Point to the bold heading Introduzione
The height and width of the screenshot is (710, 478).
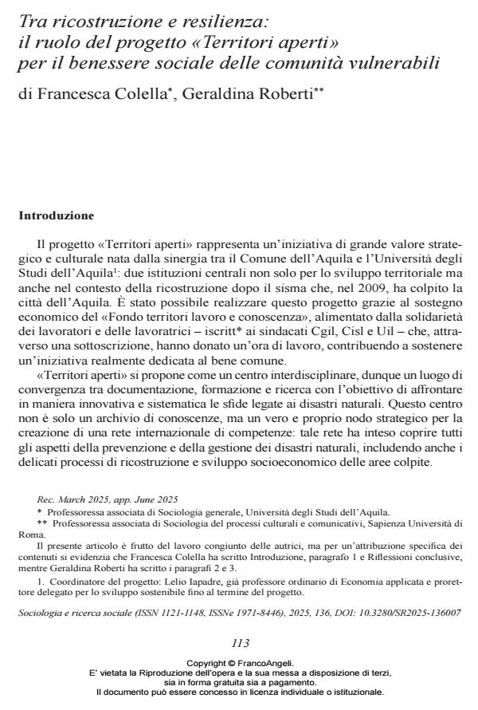click(x=56, y=215)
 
